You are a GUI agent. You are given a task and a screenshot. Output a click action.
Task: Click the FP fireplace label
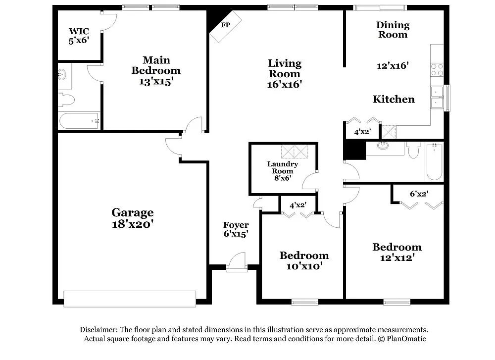coord(226,25)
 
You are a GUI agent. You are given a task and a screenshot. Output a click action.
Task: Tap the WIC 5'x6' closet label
coord(78,36)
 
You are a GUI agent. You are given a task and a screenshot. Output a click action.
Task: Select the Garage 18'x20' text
coord(132,218)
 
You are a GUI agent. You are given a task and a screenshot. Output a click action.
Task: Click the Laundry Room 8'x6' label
coord(282,171)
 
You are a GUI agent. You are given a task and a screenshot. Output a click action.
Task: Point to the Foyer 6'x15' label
coord(236,229)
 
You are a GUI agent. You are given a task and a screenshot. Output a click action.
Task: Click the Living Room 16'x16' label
coord(285,73)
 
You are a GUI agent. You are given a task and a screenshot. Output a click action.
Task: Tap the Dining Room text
coord(393,29)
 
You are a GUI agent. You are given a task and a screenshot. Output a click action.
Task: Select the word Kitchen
coord(394,100)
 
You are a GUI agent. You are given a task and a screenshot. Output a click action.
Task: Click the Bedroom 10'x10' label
coord(304,260)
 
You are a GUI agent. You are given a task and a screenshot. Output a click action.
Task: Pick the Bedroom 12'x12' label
coord(397,252)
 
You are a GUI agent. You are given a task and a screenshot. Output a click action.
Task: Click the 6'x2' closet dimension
coord(419,194)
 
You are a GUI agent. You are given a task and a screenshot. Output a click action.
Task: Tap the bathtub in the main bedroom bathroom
coord(79,121)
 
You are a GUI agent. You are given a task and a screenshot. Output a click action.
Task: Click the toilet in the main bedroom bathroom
coord(66,100)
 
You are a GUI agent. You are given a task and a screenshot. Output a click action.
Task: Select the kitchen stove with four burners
coord(437,69)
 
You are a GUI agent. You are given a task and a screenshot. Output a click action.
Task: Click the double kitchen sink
coord(437,97)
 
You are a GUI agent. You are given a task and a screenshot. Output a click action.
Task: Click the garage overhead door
coord(130,299)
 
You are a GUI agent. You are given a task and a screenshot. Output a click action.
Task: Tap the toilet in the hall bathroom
coord(414,150)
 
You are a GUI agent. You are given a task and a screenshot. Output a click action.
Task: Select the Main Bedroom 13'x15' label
coord(156,71)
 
